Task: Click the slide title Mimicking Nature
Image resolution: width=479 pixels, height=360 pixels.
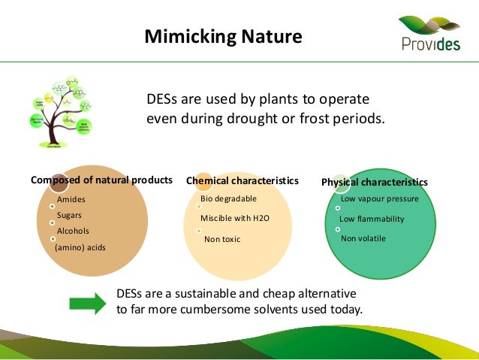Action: [x=223, y=36]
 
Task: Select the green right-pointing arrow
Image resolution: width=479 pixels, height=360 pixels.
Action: [x=88, y=303]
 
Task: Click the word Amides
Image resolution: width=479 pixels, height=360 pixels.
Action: [x=71, y=199]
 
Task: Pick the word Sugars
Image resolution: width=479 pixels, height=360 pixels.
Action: [x=70, y=215]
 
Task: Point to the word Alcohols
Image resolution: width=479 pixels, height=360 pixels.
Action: [x=74, y=231]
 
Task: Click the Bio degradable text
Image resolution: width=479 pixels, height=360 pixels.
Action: [x=228, y=198]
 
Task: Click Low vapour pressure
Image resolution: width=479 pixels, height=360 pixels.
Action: [x=379, y=199]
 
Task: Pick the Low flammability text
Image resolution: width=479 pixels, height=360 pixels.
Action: [x=372, y=219]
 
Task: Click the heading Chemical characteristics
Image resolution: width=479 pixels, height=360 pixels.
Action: [x=242, y=181]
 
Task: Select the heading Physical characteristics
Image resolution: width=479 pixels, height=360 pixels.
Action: [x=375, y=182]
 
